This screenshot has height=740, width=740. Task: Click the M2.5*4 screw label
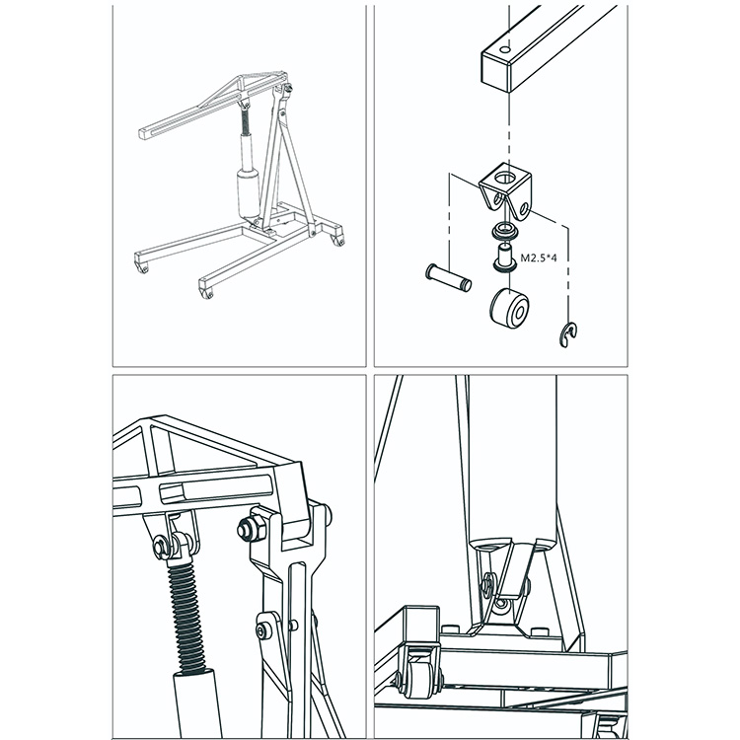[x=539, y=258]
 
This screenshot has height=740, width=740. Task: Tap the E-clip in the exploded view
[x=569, y=335]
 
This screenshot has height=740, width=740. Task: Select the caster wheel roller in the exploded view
[x=509, y=309]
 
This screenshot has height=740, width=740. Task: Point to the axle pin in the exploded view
[x=448, y=278]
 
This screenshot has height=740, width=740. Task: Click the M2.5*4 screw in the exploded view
[x=504, y=258]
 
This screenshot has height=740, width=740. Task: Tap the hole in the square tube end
[x=505, y=49]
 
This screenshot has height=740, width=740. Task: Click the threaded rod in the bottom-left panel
[x=188, y=616]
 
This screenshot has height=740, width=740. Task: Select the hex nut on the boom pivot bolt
[x=249, y=529]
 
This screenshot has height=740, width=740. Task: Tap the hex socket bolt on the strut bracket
[x=261, y=630]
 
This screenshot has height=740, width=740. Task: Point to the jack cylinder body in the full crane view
[x=249, y=193]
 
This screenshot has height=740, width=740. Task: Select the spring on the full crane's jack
[x=245, y=121]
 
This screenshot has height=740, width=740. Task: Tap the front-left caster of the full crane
[x=143, y=269]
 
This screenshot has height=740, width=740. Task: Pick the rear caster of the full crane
[x=338, y=241]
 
